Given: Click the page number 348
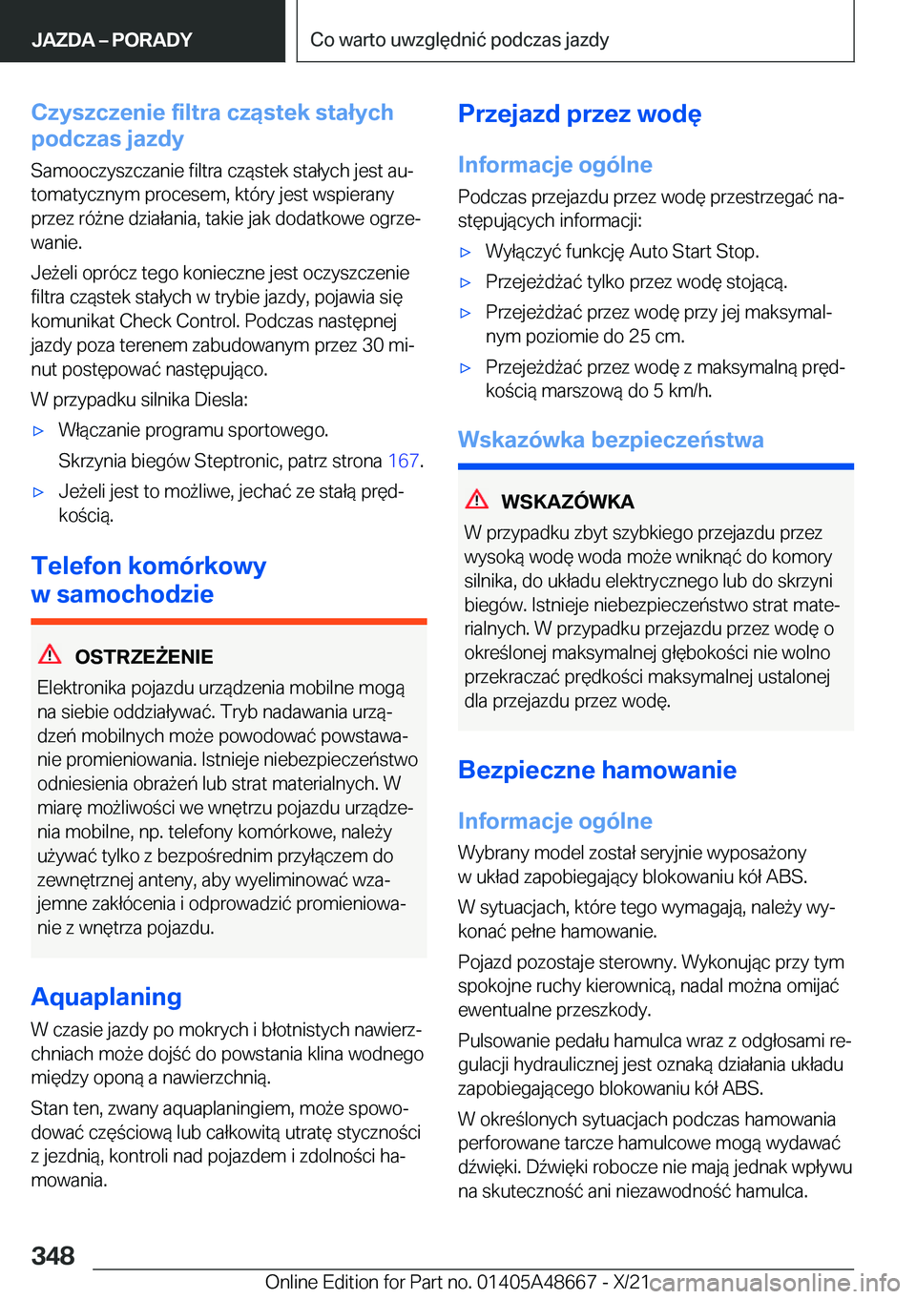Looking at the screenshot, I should coord(52,1255).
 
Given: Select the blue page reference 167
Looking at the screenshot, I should coord(404,461).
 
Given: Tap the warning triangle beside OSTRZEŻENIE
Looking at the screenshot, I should coord(50,654).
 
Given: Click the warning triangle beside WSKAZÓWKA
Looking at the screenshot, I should coord(477,499).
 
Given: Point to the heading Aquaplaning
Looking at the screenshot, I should coord(106,997).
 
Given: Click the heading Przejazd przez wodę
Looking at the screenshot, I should coord(579,114).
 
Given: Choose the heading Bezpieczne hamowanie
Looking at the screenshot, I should coord(596,770).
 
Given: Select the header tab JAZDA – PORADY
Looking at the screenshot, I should coord(112,40).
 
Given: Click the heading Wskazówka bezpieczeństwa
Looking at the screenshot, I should coord(611,440).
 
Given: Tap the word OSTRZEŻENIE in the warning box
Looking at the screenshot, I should coord(144,657).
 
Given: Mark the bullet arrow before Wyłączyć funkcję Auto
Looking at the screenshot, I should coord(466,253).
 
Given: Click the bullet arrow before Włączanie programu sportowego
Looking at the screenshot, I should coord(39,431).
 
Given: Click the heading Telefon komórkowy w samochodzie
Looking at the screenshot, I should coord(148,580).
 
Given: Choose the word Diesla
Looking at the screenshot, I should coord(220,400).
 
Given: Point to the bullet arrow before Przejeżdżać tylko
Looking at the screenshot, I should coord(466,283).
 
